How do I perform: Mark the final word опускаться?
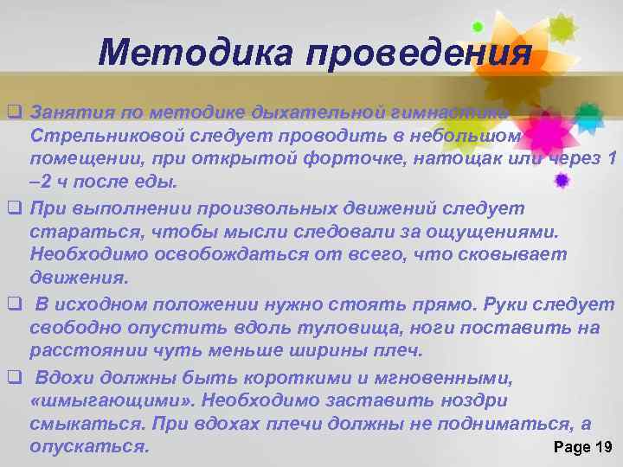pos(89,447)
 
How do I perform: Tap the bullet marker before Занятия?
pos(14,113)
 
